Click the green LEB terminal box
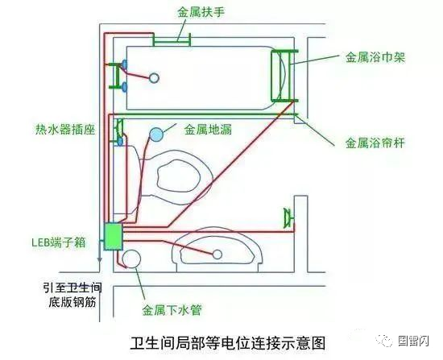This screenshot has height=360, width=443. pos(112,237)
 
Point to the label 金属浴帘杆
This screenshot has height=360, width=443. pos(375,143)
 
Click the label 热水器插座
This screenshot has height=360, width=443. pos(60,127)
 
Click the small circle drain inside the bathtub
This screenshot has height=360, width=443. pos(154,78)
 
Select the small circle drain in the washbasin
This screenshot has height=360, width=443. pos(217,254)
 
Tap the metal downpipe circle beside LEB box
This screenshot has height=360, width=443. pos(130,259)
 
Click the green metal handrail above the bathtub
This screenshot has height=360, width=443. pos(172,37)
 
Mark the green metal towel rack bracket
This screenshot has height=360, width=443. pos(284,74)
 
